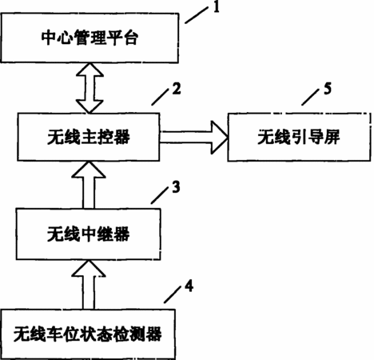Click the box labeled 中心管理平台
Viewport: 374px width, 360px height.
click(x=90, y=38)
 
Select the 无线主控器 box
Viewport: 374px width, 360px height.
click(x=89, y=137)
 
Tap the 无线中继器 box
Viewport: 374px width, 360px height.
click(x=89, y=234)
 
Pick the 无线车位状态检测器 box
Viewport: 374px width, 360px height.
click(x=88, y=334)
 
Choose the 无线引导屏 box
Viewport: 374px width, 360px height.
click(x=299, y=137)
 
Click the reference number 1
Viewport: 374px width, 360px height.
click(x=216, y=7)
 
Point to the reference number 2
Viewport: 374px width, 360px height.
click(x=177, y=89)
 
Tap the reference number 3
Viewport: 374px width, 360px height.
click(x=176, y=187)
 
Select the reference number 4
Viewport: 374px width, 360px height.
click(x=189, y=286)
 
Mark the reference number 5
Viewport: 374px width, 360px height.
click(x=328, y=89)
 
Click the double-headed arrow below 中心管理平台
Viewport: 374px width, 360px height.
click(x=90, y=88)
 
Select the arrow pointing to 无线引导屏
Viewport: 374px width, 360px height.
click(x=193, y=138)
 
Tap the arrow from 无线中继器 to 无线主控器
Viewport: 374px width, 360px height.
click(x=89, y=185)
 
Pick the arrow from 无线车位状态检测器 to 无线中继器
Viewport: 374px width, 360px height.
click(x=89, y=285)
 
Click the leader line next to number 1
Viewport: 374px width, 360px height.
click(x=197, y=15)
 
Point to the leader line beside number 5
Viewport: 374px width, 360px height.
click(x=310, y=97)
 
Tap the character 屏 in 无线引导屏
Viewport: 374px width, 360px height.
click(x=332, y=137)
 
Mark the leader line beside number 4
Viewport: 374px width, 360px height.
click(x=173, y=294)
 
